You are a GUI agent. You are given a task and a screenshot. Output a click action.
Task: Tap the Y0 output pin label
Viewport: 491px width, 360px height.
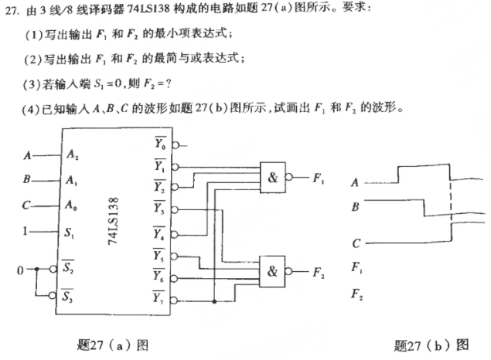click(x=159, y=144)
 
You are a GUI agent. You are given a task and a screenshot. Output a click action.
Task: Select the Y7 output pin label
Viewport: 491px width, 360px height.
click(x=159, y=297)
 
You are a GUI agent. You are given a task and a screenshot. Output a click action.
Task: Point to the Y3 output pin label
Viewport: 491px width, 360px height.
click(x=159, y=209)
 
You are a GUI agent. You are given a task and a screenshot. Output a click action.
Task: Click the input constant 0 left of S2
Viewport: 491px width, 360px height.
click(x=22, y=270)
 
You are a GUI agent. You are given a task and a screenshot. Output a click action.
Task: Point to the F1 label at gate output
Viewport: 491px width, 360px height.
click(x=318, y=178)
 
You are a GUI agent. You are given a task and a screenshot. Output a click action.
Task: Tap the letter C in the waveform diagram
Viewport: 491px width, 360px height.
click(x=355, y=244)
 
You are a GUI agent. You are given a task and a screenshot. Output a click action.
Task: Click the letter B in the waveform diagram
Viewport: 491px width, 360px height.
click(x=355, y=207)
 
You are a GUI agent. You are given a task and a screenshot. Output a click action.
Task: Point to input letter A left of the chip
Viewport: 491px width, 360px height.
click(x=28, y=155)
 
